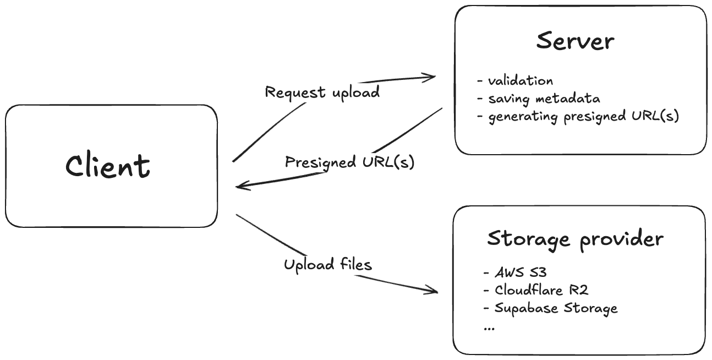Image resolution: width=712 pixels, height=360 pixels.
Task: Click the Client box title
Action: tap(108, 166)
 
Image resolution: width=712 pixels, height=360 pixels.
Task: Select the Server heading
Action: tap(575, 41)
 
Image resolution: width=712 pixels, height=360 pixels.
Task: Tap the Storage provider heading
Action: tap(576, 239)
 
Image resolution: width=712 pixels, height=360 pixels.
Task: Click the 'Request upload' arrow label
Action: tap(322, 92)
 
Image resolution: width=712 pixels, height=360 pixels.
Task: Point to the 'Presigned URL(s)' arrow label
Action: tap(349, 162)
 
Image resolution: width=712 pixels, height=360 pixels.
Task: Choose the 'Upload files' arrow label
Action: tap(328, 265)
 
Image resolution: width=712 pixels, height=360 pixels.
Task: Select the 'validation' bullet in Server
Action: tap(521, 81)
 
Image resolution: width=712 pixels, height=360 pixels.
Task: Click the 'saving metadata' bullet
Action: tap(544, 99)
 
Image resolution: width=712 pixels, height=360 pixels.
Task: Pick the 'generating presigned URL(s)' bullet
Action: tap(584, 117)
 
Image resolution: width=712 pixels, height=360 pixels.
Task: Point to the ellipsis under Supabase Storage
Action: tap(489, 327)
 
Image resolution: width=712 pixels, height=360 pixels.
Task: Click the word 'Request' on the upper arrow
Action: tap(288, 92)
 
